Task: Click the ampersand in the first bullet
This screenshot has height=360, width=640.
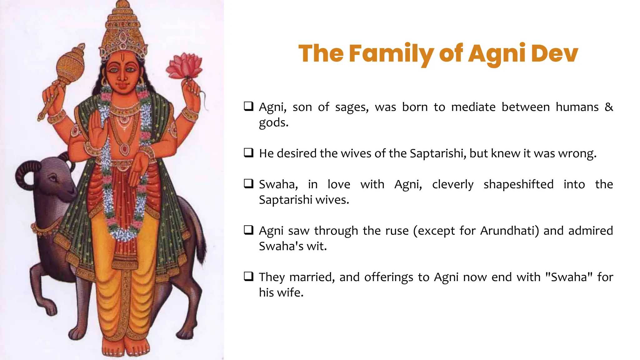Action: [608, 107]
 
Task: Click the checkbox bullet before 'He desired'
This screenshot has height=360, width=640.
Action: [249, 153]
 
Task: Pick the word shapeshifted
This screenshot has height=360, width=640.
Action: [518, 184]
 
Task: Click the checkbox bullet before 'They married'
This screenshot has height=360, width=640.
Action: [249, 277]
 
